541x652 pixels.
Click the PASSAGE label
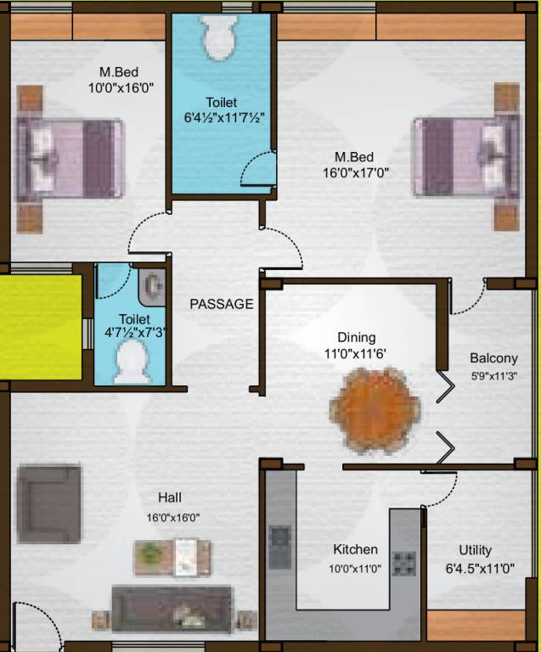221,304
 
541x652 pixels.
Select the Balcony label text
493,358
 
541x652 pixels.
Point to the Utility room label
475,550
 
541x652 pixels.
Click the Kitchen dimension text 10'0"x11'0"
355,570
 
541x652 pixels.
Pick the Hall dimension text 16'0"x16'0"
173,517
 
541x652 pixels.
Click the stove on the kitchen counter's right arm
403,561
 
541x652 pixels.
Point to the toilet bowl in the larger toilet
223,37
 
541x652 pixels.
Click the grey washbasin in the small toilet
152,287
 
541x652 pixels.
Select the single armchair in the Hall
49,503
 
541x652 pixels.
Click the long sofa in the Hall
173,608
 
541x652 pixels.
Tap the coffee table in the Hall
173,558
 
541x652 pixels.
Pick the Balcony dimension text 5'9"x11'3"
493,375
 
